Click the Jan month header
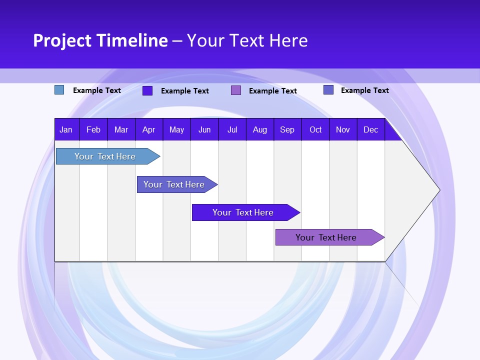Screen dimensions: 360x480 [x=66, y=129]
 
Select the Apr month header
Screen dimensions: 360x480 [x=148, y=129]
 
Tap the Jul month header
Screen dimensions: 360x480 [x=232, y=129]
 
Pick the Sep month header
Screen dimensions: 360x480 [x=287, y=129]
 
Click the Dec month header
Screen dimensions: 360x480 [x=370, y=129]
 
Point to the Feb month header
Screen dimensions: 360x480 [x=93, y=129]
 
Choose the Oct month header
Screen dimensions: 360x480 [x=315, y=129]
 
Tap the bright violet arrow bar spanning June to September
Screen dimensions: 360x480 [x=243, y=212]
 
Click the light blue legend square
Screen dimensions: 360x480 [x=59, y=90]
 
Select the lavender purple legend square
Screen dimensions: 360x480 [x=236, y=90]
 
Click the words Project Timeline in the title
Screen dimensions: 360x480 [x=100, y=40]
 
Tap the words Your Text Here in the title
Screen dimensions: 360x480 [x=247, y=40]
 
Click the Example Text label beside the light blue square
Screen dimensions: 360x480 [x=97, y=90]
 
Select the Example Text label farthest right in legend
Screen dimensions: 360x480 [x=364, y=90]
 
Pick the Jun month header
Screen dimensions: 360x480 [x=204, y=129]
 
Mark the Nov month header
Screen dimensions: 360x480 [x=343, y=129]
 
